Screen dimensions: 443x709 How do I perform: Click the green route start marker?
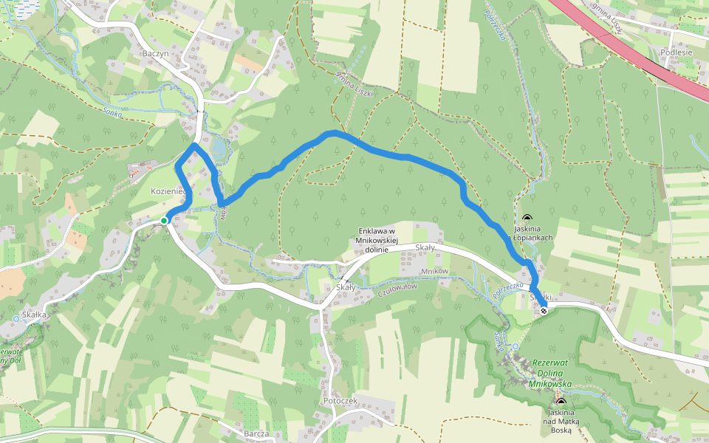(x=164, y=220)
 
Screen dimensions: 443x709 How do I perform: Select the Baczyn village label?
(x=157, y=54)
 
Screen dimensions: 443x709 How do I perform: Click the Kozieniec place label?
(x=167, y=191)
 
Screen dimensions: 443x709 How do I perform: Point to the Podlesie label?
(x=677, y=52)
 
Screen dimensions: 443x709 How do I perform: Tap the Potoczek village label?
(x=340, y=399)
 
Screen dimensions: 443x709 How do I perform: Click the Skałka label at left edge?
(x=35, y=314)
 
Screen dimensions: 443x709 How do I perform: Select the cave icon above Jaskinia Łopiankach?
(x=527, y=219)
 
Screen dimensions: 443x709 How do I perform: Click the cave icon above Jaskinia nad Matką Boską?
(x=561, y=402)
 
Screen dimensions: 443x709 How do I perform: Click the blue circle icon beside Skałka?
(x=16, y=319)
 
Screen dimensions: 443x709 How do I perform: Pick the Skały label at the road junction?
(x=345, y=286)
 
